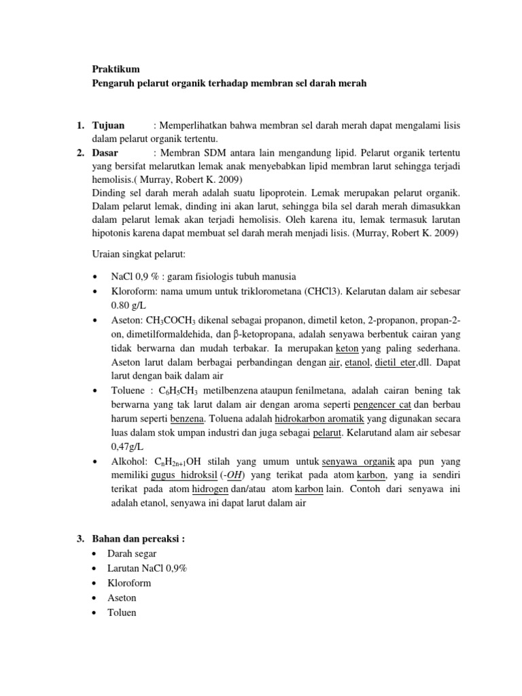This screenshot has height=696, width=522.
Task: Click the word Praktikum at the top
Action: [x=114, y=69]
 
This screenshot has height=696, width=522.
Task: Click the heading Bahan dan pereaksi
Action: [x=138, y=539]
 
